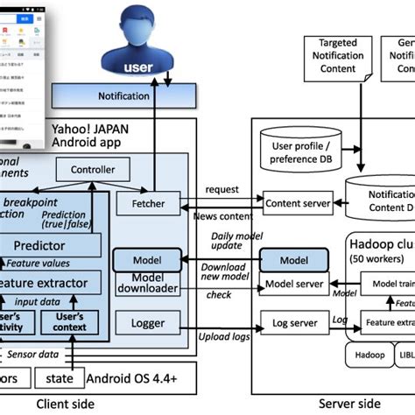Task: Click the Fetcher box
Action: pyautogui.click(x=148, y=202)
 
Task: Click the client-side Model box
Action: pyautogui.click(x=147, y=260)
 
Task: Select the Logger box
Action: pyautogui.click(x=147, y=323)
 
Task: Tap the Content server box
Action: pyautogui.click(x=298, y=203)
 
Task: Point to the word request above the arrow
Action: pyautogui.click(x=223, y=189)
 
